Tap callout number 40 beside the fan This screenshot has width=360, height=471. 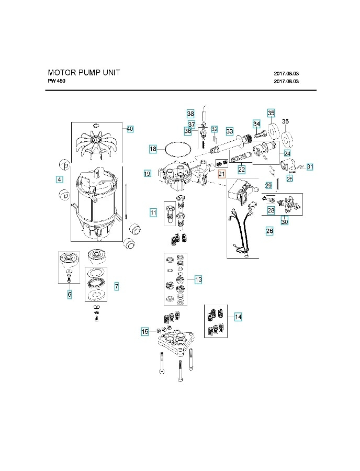point(130,129)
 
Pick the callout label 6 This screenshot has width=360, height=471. point(69,295)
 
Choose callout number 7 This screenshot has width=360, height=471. point(116,286)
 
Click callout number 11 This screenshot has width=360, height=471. point(153,212)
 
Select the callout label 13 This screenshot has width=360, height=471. point(198,280)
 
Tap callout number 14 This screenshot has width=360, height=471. point(238,317)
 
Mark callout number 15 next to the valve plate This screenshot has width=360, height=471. point(145,331)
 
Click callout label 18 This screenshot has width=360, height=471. point(153,149)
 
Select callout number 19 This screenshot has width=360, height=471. point(147,173)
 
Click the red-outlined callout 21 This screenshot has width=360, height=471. point(221,174)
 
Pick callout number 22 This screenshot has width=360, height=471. point(242,170)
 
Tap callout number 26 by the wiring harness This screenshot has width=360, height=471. point(269,230)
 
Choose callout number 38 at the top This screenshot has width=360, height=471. point(190,114)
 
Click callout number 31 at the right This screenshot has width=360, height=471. point(310,167)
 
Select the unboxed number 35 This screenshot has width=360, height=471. point(286,121)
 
